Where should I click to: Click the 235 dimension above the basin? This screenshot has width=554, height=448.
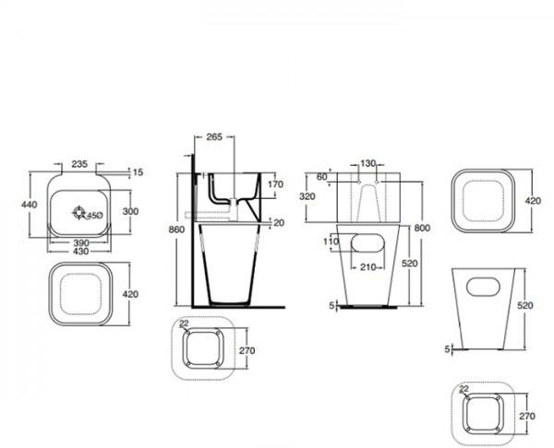(79, 163)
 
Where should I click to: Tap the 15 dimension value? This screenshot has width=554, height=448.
(138, 171)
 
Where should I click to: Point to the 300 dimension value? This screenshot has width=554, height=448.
(130, 211)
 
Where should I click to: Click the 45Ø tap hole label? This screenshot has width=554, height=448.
(95, 215)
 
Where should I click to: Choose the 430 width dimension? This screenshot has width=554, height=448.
(82, 252)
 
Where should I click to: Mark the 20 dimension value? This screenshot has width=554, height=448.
(277, 223)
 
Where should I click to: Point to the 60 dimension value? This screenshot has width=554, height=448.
(322, 176)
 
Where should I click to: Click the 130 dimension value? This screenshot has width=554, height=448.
(368, 163)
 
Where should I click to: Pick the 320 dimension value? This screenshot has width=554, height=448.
(308, 196)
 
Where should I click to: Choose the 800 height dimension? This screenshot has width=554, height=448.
(423, 227)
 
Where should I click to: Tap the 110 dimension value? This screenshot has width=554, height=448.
(331, 242)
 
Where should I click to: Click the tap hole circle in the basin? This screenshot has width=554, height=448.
(80, 213)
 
